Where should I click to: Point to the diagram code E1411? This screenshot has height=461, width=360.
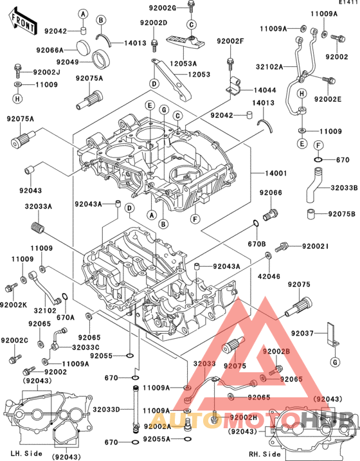pyautogui.click(x=348, y=3)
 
